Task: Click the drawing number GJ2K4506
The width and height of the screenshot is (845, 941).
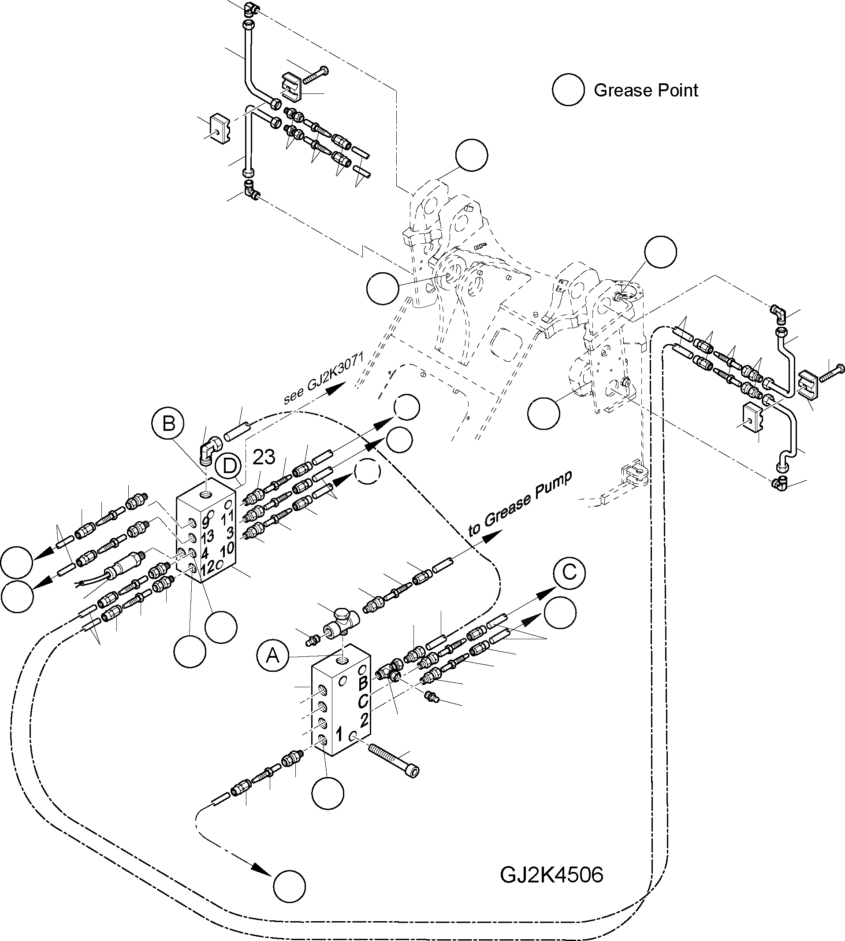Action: [x=551, y=875]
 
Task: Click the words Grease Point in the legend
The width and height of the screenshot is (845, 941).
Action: [x=645, y=90]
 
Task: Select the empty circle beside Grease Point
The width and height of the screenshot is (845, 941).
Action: [x=568, y=90]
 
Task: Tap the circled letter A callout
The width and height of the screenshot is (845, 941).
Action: [x=272, y=656]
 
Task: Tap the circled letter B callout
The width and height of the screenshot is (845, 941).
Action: [x=168, y=423]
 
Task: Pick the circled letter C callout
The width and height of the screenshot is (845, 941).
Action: [x=569, y=574]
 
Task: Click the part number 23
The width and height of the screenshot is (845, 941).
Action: [x=264, y=457]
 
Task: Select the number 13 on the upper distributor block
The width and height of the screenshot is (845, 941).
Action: [x=207, y=537]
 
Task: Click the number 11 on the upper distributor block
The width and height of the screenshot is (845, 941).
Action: [x=227, y=517]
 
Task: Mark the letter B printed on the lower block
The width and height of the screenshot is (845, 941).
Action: [x=363, y=682]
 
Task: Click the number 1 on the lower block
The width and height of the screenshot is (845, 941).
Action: [x=339, y=734]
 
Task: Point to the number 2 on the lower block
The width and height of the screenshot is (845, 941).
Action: [x=364, y=719]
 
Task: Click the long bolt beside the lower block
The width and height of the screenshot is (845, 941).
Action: [x=394, y=759]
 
